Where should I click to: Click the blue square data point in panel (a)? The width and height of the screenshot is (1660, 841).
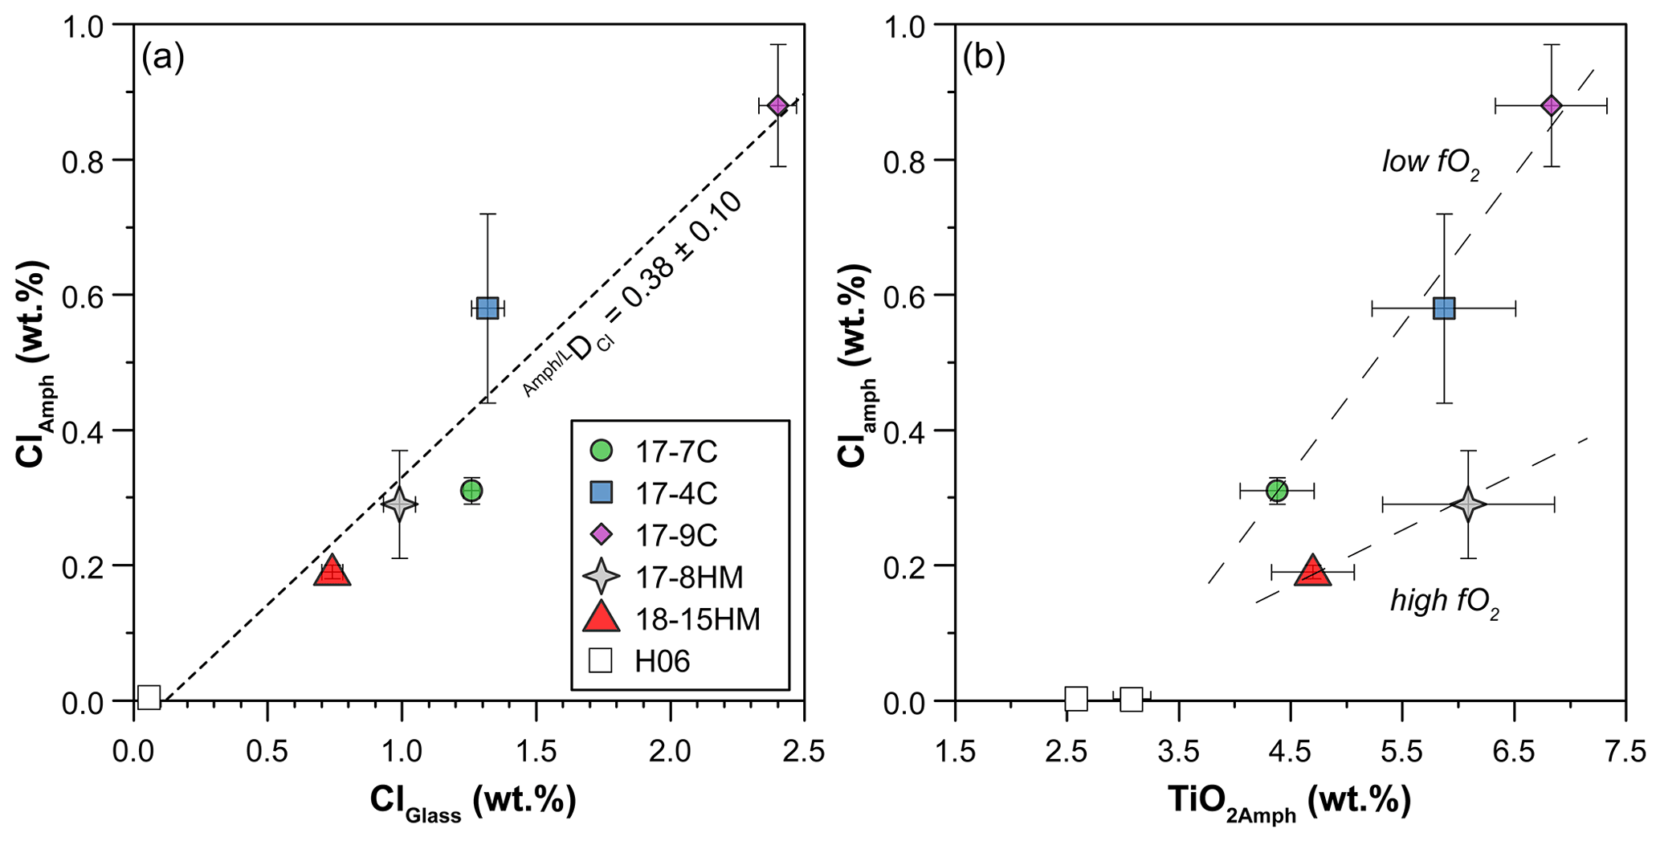(487, 308)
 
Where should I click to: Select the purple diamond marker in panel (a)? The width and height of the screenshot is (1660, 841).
(777, 105)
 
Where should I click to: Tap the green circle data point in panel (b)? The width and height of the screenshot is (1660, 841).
(1277, 490)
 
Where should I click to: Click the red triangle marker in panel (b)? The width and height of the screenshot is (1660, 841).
(1312, 571)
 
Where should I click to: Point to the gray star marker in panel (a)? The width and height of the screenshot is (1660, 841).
(399, 504)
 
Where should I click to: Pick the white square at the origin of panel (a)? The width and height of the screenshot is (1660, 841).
(149, 697)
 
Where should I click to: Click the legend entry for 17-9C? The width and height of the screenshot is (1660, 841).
(676, 535)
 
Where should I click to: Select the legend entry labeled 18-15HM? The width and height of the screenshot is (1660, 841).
(697, 619)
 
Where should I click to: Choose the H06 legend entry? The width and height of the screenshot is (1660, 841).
(662, 661)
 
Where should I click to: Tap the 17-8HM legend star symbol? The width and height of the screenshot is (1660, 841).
(602, 577)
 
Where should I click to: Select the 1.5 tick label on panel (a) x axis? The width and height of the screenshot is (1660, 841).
(536, 753)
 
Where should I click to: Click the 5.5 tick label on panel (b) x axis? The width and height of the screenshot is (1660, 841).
(1401, 753)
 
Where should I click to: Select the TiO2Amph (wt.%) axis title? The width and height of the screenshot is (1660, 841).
(1288, 802)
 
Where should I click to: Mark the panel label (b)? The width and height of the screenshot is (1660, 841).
(983, 58)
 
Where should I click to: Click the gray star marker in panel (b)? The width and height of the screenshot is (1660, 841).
(1468, 504)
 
